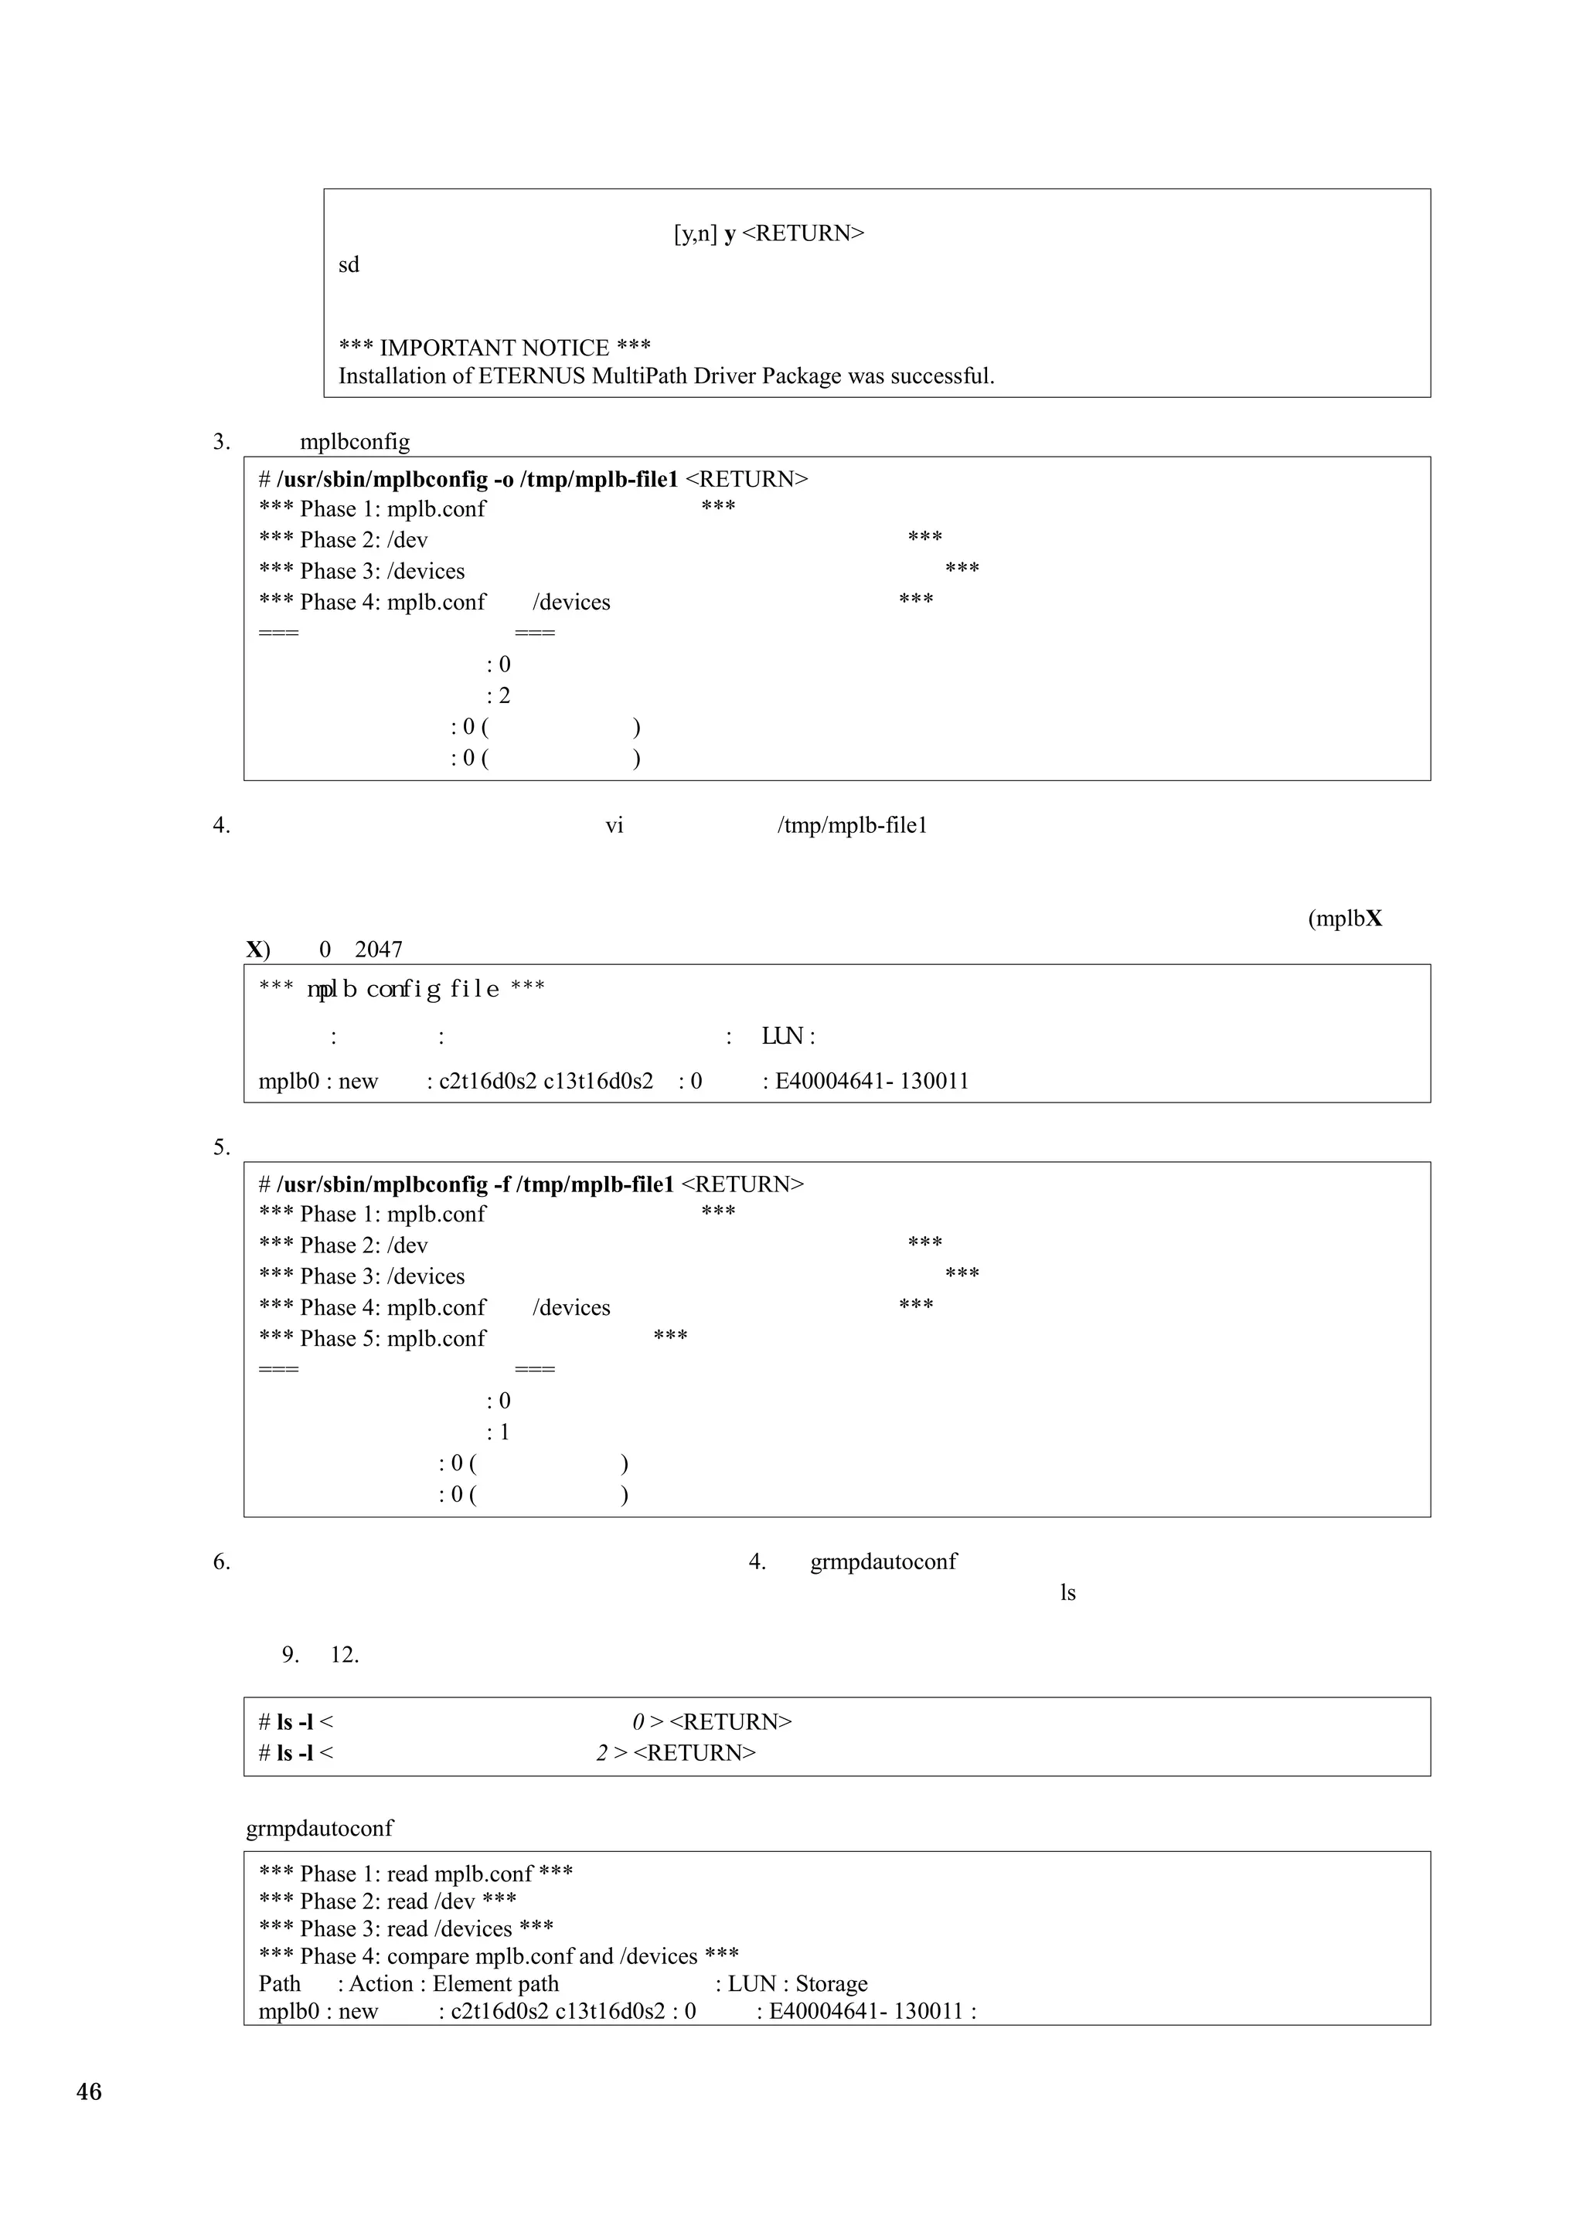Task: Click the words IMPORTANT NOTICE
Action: click(494, 348)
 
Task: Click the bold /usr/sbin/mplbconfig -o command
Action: click(477, 480)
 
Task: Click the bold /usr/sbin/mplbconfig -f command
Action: click(475, 1185)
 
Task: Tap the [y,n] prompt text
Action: click(696, 234)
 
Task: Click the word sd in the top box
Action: click(348, 265)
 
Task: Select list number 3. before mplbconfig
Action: click(221, 442)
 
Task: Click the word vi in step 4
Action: click(614, 826)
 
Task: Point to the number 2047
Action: click(379, 950)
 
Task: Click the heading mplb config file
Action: click(403, 989)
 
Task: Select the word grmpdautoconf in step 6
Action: click(883, 1562)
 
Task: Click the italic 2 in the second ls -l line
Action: click(603, 1753)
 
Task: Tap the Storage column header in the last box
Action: click(831, 1985)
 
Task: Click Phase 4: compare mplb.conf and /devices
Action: click(499, 1957)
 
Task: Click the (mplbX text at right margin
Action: click(1344, 919)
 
